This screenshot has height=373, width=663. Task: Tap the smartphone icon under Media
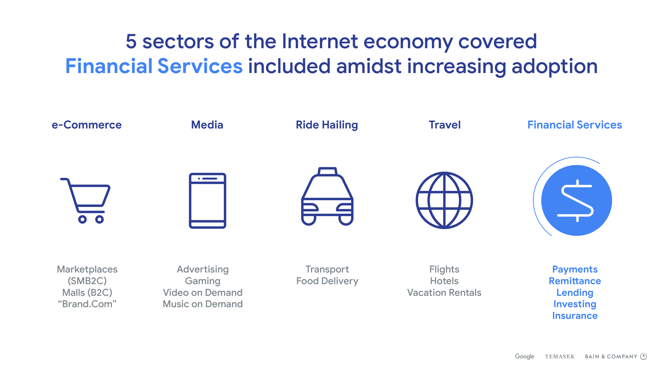pos(207,200)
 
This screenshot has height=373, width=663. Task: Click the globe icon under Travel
pos(444,200)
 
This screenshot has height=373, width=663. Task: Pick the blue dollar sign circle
pos(576,200)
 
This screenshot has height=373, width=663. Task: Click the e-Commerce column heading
pos(87,125)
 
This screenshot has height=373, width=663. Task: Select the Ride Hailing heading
pos(327,125)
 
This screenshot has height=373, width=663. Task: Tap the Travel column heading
pos(445,125)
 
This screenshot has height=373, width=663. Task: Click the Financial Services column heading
pos(575,125)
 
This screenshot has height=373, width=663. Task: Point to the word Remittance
pos(575,281)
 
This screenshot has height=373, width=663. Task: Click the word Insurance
pos(575,316)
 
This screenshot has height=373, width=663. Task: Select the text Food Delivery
pos(327,281)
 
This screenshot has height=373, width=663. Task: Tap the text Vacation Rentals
pos(444,293)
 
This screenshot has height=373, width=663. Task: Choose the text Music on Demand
pos(203,304)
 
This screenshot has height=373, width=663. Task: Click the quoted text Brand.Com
pos(87,304)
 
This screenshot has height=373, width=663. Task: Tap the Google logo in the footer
pos(524,357)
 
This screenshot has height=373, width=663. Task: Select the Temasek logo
pos(560,357)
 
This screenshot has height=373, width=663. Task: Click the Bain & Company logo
pos(616,356)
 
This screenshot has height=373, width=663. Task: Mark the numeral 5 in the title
pos(131,41)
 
